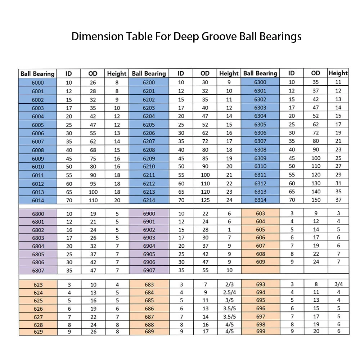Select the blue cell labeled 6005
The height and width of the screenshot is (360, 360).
pos(38,125)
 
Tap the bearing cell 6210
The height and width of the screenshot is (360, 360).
pos(149,166)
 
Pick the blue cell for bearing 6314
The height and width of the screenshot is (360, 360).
pos(260,200)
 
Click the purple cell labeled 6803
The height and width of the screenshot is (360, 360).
pos(38,238)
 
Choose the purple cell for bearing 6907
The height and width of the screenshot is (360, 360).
pos(149,270)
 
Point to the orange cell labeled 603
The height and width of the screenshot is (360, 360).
pos(261,213)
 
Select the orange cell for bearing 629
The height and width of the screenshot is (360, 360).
pos(38,332)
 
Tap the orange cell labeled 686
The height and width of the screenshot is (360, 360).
pos(149,309)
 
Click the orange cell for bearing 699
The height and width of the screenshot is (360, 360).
pos(261,331)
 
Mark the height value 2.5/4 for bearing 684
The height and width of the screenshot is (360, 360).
pos(229,292)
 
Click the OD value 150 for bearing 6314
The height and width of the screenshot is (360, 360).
pos(316,200)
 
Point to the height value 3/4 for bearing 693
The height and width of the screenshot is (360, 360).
pos(339,284)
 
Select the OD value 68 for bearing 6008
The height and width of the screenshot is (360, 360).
pos(93,150)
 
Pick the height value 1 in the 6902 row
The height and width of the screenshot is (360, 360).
pos(229,230)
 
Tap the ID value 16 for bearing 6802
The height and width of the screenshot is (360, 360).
pos(69,230)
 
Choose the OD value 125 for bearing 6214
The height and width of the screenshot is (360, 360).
pos(205,200)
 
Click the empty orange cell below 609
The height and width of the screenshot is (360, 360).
pos(261,270)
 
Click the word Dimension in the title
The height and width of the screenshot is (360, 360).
pos(97,36)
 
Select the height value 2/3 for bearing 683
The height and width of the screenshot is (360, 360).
pos(229,284)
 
